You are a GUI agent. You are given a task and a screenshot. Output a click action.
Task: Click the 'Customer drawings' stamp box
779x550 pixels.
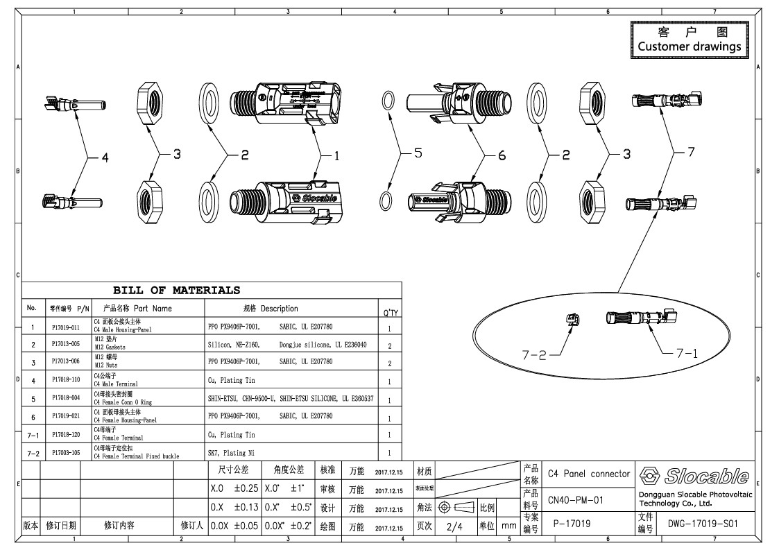(x=689, y=40)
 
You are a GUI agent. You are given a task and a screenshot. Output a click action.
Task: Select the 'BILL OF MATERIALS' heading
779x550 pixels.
(x=177, y=291)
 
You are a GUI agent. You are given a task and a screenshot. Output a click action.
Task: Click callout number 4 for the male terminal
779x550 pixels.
(x=105, y=159)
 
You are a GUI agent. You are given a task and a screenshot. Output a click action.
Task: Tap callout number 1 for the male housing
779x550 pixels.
(x=336, y=157)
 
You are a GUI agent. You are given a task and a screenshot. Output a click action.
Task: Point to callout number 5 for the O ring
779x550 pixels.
(x=418, y=154)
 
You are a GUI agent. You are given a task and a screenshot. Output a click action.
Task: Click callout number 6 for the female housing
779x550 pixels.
(x=502, y=156)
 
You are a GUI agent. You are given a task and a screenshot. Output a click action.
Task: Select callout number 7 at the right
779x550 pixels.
(x=690, y=153)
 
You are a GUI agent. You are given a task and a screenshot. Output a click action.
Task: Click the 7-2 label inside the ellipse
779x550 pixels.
(x=536, y=354)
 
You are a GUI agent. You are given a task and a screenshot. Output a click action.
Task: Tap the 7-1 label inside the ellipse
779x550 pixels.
(x=687, y=352)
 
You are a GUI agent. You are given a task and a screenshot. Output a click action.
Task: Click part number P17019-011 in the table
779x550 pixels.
(x=67, y=327)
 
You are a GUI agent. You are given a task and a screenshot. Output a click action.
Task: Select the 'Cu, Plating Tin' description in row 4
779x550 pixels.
(x=232, y=381)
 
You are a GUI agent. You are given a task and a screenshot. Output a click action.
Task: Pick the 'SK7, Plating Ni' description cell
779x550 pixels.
(x=232, y=453)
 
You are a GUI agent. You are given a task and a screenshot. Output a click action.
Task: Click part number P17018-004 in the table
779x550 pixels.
(x=67, y=399)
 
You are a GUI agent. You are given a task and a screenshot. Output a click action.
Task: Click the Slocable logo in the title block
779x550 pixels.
(x=694, y=476)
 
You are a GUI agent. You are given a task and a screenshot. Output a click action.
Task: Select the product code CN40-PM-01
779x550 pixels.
(x=575, y=499)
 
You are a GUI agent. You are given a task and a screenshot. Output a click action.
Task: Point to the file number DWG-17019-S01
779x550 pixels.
(x=702, y=524)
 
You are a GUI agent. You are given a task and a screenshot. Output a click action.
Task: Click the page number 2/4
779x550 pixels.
(x=454, y=526)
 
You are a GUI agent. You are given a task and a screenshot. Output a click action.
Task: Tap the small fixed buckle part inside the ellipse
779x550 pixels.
(x=574, y=320)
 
